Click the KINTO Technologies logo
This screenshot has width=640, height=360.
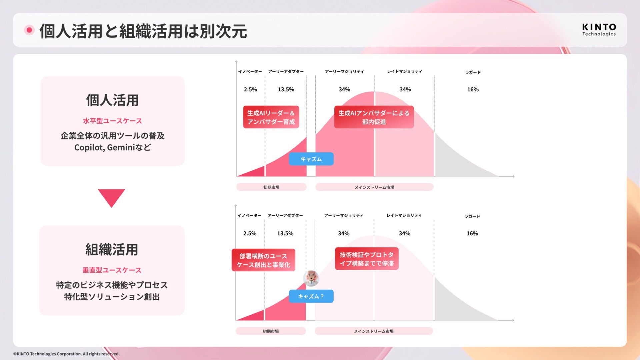point(599,30)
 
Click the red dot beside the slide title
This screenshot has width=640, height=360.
point(29,30)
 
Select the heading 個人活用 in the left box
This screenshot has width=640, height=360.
point(112,100)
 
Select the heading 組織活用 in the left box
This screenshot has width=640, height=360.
point(112,250)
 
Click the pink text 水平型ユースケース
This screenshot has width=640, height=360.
point(112,121)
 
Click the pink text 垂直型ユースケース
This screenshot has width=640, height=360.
point(112,270)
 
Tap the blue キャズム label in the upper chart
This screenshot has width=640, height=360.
point(311,159)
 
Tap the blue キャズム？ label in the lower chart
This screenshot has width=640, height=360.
point(311,296)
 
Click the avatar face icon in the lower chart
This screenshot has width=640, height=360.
point(311,278)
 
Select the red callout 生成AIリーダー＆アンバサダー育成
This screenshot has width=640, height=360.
point(271,117)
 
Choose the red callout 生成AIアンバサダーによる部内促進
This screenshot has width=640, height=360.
point(374,117)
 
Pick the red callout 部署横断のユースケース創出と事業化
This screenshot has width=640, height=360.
point(263,260)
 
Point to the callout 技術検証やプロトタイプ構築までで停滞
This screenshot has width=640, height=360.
point(367,259)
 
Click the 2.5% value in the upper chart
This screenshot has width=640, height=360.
point(250,89)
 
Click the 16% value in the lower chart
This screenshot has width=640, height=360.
point(472,233)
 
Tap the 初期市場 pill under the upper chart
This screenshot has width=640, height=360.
point(271,187)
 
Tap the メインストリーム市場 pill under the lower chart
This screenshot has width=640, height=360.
point(374,331)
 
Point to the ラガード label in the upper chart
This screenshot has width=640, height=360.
point(473,72)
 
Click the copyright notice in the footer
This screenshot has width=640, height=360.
point(66,354)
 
